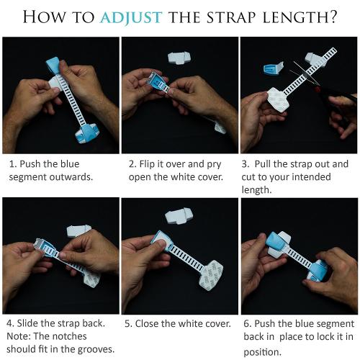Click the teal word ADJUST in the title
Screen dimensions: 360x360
coord(131,17)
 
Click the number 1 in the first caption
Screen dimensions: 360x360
coord(12,164)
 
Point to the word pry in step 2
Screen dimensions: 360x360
coord(214,165)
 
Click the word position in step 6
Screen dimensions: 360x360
coord(262,352)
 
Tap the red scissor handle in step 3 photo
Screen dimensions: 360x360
coord(318,90)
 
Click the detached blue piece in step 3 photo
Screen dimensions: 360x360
coord(274,68)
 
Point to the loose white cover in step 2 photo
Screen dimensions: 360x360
coord(179,58)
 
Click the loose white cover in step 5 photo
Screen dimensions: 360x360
coord(178,216)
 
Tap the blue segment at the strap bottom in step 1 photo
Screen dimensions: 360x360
coord(86,133)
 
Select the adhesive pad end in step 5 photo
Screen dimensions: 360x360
coord(211,276)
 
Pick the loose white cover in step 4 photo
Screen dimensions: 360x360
coord(78,231)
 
